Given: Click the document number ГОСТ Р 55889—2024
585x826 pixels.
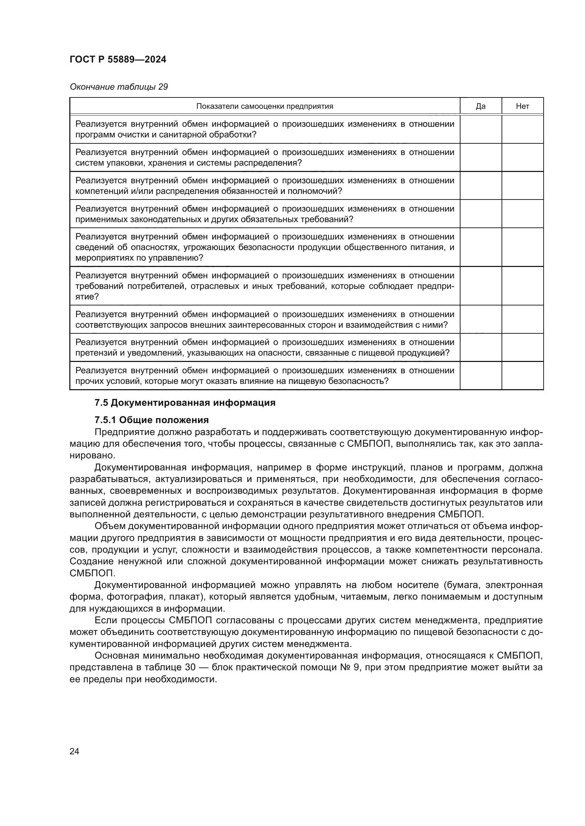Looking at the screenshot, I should [118, 59].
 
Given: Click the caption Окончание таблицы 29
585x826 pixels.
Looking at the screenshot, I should [118, 87].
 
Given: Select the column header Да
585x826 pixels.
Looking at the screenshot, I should [481, 106].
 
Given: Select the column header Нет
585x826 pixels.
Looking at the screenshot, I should [522, 106].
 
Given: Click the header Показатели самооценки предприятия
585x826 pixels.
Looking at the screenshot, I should [265, 106].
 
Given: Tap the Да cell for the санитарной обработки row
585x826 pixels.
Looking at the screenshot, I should [481, 129].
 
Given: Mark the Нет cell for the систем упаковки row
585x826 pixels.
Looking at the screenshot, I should [522, 157].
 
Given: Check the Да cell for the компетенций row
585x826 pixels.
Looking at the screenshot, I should [481, 185].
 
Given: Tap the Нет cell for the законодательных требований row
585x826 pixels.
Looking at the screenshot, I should [522, 214].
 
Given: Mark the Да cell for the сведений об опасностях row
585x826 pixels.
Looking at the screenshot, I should [481, 247].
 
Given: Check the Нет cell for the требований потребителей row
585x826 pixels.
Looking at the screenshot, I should [522, 286].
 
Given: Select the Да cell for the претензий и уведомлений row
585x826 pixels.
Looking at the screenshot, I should [481, 347].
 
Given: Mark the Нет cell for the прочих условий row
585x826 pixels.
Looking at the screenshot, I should [522, 376].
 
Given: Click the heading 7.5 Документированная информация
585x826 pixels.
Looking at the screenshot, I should [185, 403].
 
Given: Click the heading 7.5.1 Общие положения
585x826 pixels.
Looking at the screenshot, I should [152, 420].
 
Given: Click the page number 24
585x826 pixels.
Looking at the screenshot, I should [74, 751].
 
